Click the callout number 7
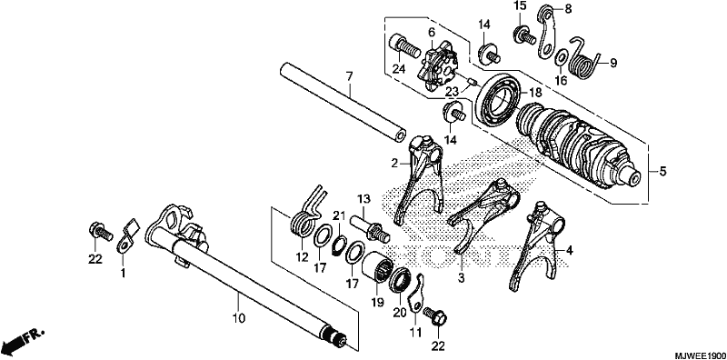pos(349,76)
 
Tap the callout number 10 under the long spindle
pos(239,319)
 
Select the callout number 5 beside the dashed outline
pos(662,172)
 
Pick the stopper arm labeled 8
pos(550,33)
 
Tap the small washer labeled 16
pos(561,57)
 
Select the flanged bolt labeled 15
pos(525,34)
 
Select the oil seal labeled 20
pos(400,280)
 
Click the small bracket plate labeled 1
pos(126,236)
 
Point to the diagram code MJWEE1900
pos(699,355)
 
